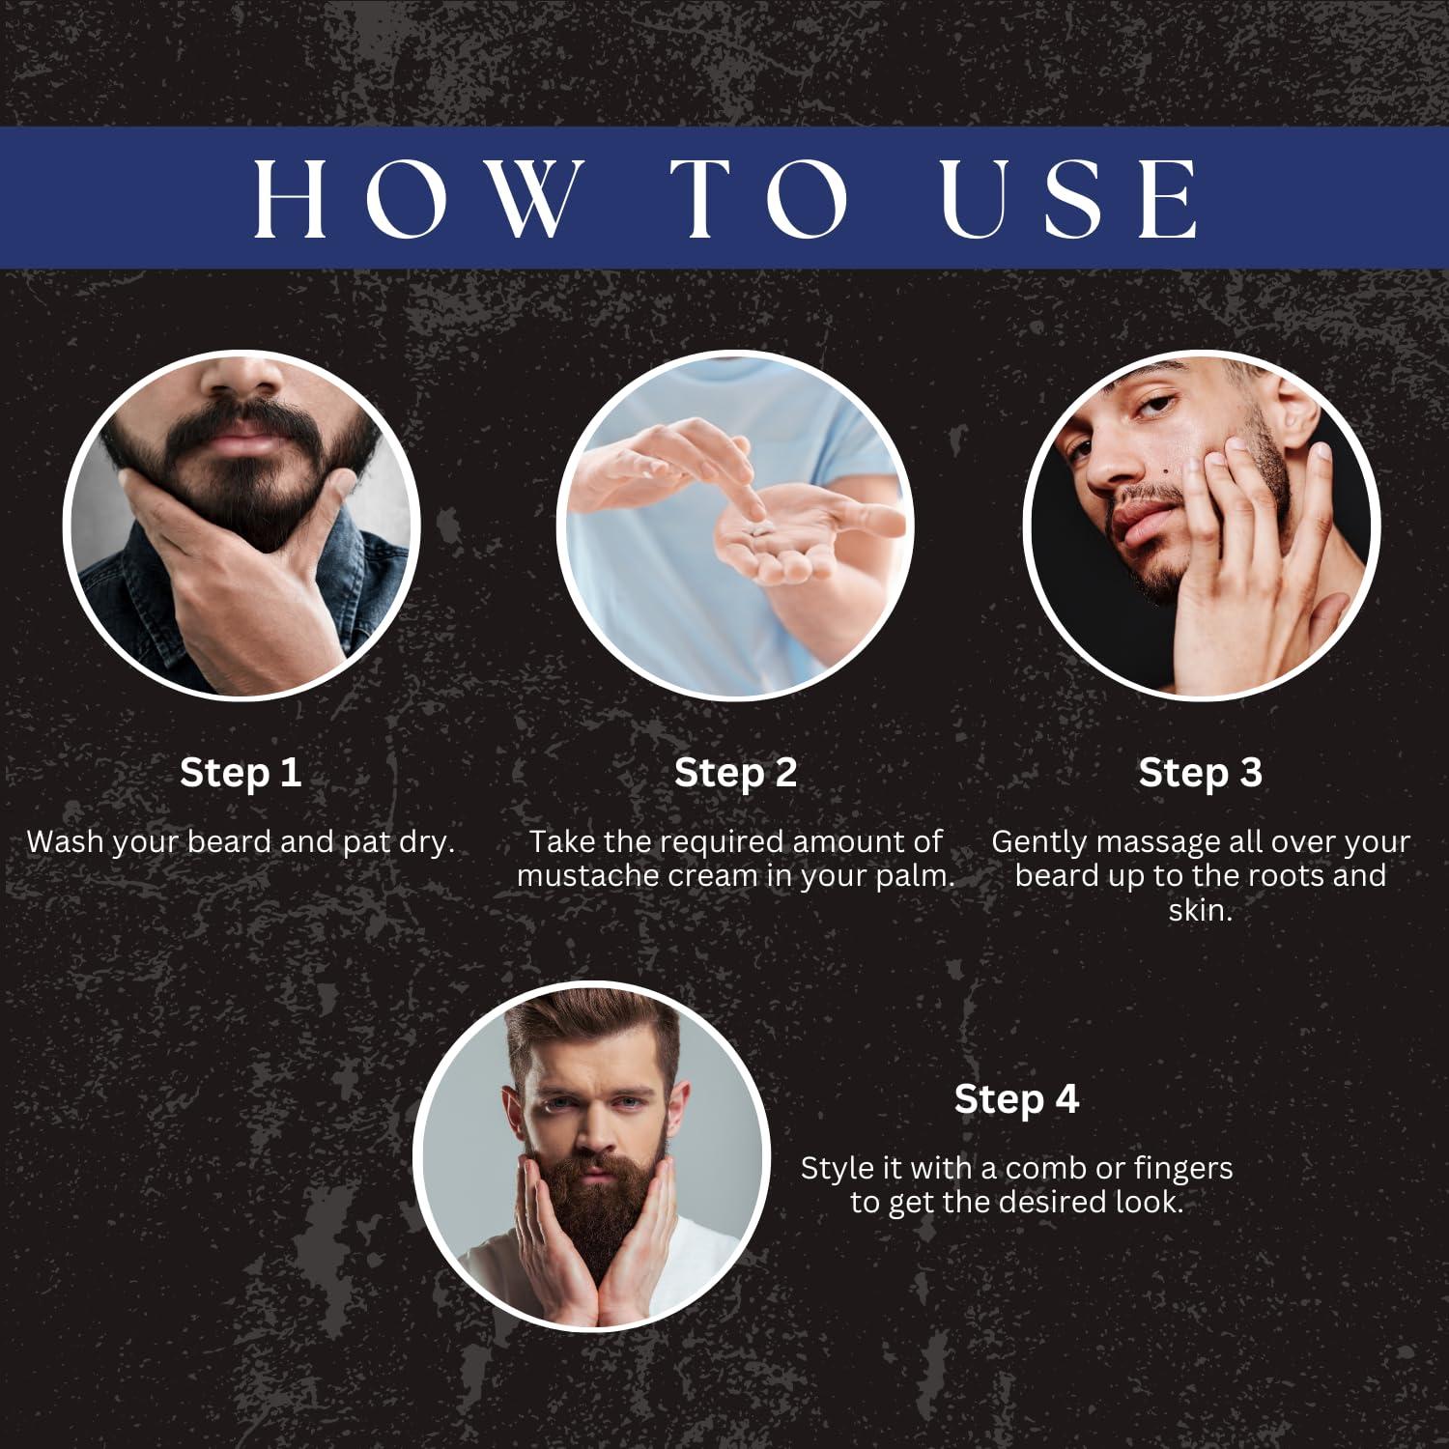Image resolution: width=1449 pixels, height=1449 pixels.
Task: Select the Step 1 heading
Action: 241,772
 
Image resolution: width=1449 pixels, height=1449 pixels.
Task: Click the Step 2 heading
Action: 735,772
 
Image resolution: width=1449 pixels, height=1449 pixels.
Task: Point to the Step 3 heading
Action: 1200,772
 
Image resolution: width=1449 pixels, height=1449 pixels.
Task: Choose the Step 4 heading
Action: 1016,1098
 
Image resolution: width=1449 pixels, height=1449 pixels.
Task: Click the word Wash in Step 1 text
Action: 66,841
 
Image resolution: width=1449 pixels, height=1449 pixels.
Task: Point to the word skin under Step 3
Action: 1200,910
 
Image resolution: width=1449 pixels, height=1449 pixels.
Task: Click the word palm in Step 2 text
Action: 918,875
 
